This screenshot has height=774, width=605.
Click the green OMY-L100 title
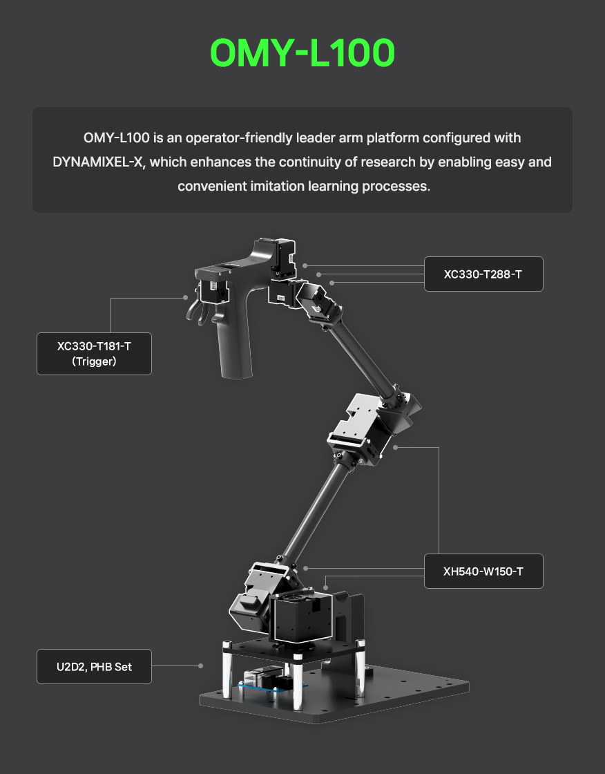(302, 53)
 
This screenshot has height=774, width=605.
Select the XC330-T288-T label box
(483, 274)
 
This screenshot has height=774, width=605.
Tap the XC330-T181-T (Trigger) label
(94, 353)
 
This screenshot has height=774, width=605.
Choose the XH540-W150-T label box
(483, 571)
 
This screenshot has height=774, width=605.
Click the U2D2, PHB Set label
(94, 666)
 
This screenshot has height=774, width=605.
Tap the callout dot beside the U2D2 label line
(200, 666)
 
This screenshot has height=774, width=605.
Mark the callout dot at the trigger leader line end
(186, 298)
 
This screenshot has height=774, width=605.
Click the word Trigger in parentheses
(94, 361)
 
